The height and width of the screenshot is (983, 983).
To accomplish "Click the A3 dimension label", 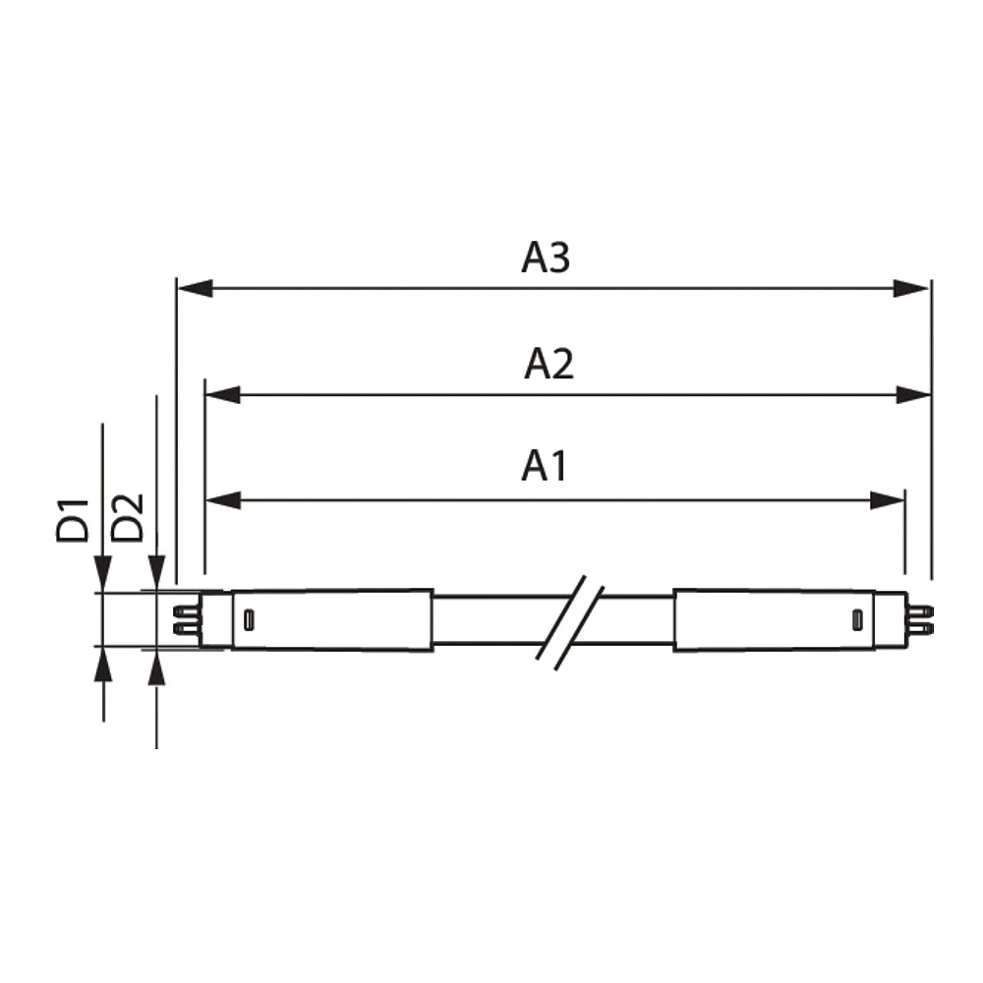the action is pos(546,257).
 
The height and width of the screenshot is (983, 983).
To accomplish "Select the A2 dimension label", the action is pos(549,364).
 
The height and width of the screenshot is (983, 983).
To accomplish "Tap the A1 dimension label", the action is pos(545,466).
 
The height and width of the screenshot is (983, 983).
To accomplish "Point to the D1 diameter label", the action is pos(73,520).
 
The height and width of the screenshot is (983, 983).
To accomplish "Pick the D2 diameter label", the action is pos(127,518).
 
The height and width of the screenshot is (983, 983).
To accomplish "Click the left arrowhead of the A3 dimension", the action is pos(196,288).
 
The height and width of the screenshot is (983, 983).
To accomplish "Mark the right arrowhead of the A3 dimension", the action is pos(911,288).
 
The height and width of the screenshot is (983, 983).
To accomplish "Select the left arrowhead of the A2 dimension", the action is pos(223,395).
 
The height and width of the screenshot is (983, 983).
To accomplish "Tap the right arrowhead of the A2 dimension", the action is pos(913,395).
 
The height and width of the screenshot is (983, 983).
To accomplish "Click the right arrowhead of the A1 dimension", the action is pos(887,500).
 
